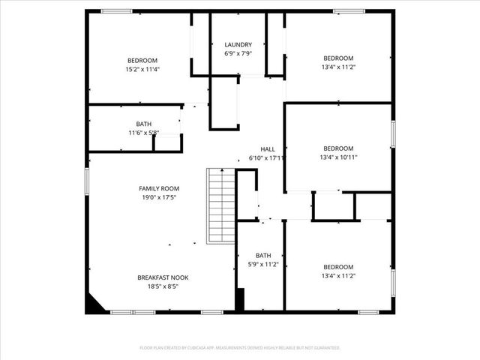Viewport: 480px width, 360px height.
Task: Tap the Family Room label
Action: pos(159,188)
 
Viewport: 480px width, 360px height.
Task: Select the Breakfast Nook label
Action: pos(163,277)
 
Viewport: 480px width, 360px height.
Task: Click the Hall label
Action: pos(268,149)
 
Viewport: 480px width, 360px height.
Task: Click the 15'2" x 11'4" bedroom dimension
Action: pos(142,69)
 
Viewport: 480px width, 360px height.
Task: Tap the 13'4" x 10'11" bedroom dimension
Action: pos(338,157)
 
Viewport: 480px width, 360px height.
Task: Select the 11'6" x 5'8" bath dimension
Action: pos(143,133)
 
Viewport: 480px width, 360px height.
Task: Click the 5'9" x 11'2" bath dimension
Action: pos(263,265)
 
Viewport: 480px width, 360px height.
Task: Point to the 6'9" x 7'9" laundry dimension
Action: pos(238,53)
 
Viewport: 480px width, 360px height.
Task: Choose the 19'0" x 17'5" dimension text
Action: pos(159,197)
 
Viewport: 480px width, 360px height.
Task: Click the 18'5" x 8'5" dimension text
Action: pos(163,286)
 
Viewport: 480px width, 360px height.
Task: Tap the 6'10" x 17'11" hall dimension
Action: pos(267,158)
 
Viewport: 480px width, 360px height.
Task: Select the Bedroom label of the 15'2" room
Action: pos(142,60)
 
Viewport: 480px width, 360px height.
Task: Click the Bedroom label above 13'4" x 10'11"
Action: pos(338,148)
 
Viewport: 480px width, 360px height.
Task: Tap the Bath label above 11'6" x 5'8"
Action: pos(143,124)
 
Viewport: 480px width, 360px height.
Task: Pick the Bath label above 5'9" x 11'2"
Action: pos(263,256)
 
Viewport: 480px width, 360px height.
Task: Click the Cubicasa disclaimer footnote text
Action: pos(240,348)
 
